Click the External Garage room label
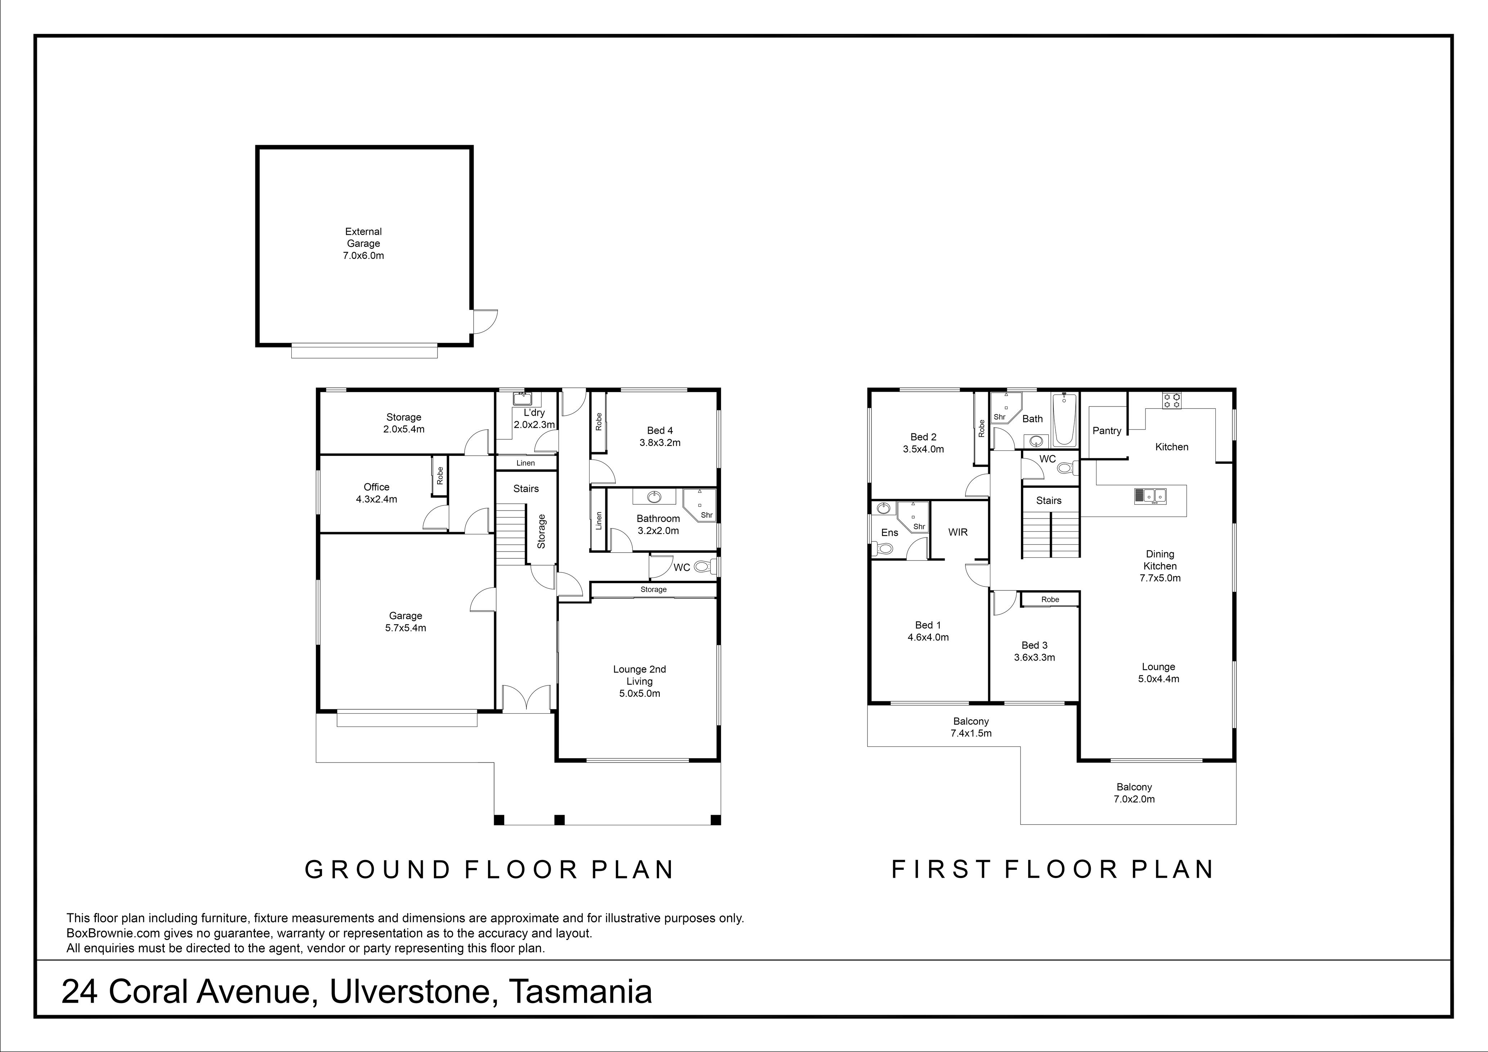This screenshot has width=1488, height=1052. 364,237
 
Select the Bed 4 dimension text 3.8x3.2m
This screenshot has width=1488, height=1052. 660,443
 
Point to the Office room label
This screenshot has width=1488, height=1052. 377,487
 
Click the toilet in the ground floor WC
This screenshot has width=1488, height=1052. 704,567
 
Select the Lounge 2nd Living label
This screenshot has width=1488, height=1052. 640,675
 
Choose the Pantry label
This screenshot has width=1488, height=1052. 1107,431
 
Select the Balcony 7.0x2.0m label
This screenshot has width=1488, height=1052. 1134,793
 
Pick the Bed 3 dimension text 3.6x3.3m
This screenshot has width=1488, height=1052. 1034,657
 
